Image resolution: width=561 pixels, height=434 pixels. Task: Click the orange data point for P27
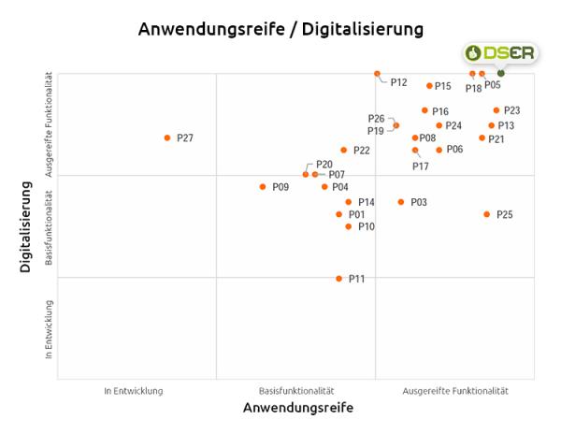(167, 137)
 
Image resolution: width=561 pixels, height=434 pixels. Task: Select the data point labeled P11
(339, 279)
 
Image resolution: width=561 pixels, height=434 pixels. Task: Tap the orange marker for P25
(486, 214)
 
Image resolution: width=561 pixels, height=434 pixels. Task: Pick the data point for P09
(263, 187)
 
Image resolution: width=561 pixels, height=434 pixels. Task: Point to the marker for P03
(401, 202)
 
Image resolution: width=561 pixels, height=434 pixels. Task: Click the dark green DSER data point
(501, 73)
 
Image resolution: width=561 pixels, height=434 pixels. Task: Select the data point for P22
(343, 150)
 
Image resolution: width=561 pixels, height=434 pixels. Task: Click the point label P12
(398, 83)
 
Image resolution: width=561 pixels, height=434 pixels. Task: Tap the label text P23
(511, 110)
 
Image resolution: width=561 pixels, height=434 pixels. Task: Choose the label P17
(421, 166)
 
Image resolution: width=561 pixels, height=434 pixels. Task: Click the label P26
(376, 119)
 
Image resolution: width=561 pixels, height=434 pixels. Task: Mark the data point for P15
(429, 86)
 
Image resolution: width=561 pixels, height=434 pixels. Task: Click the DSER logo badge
(499, 53)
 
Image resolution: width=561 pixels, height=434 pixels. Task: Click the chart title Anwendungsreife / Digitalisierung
(280, 29)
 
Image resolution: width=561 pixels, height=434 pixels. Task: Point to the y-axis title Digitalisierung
(26, 227)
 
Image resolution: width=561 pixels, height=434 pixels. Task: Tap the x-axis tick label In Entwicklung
(134, 390)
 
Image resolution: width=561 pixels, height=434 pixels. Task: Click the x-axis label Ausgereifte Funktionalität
(455, 390)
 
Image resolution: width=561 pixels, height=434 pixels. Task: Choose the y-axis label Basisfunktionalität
(48, 226)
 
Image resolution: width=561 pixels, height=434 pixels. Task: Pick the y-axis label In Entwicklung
(48, 329)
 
